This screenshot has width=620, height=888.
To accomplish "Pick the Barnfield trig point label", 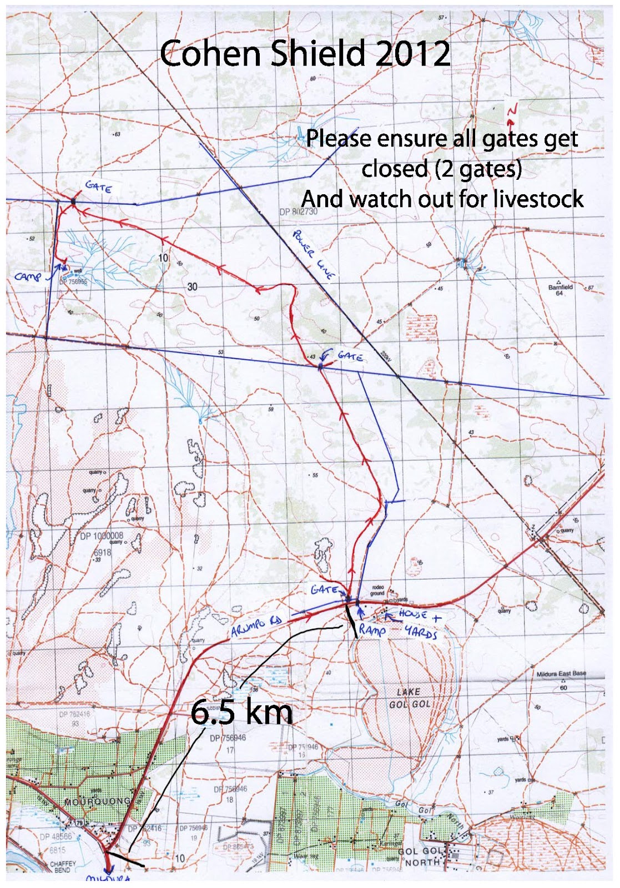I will pos(560,290).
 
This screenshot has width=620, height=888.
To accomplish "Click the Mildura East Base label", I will pos(561,674).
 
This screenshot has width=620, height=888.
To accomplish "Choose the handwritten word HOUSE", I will pos(412,614).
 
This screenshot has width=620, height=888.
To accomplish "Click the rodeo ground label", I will pos(377,590).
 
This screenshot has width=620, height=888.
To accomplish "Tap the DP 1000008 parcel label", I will pos(102,536).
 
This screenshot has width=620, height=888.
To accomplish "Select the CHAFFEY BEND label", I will pos(63,866).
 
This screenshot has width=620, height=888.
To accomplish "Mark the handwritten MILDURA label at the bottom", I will pos(108,879).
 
